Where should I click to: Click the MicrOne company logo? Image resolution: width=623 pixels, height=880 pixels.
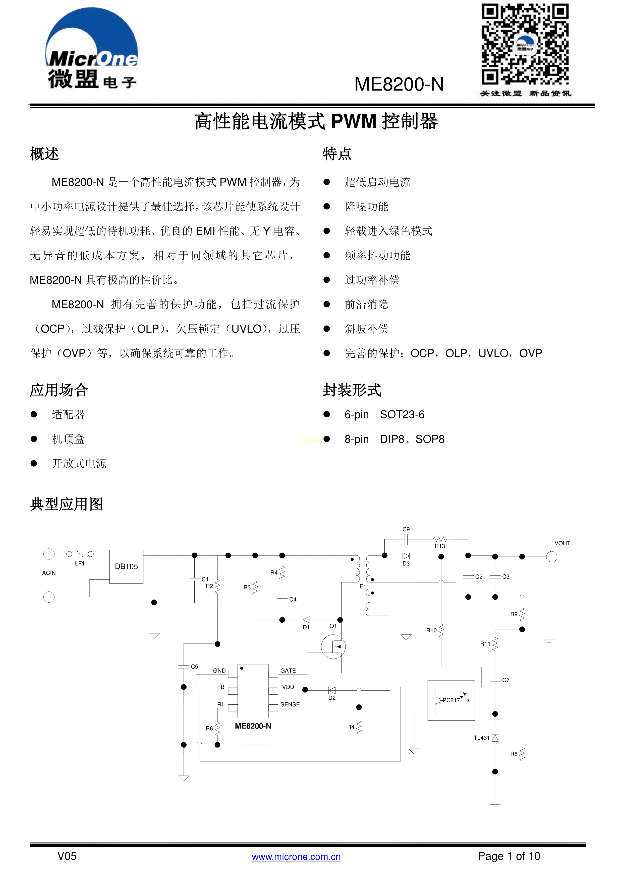click(92, 49)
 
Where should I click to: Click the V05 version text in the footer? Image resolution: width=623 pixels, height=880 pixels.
click(67, 856)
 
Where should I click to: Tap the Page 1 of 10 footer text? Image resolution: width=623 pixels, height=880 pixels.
click(509, 856)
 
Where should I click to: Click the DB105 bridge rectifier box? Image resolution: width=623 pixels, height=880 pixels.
click(126, 566)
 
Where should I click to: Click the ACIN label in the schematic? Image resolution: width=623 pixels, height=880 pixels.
click(49, 573)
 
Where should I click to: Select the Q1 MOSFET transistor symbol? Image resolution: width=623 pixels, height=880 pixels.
click(333, 647)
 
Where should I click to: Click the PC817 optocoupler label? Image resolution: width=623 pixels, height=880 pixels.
click(451, 700)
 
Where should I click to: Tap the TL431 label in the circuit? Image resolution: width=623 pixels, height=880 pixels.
click(481, 738)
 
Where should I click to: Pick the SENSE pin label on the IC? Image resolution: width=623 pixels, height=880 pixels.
click(290, 704)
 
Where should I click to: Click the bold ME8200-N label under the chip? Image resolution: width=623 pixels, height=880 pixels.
click(253, 726)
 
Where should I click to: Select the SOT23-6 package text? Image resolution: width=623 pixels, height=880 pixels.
click(402, 415)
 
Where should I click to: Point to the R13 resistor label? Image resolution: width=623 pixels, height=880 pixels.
click(440, 546)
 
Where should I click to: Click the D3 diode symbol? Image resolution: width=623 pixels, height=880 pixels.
click(406, 556)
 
